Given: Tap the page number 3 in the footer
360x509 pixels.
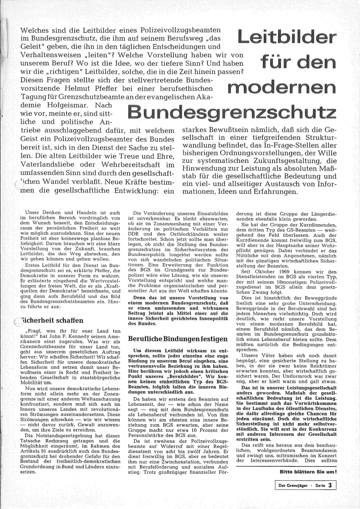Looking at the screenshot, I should (x=330, y=485).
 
